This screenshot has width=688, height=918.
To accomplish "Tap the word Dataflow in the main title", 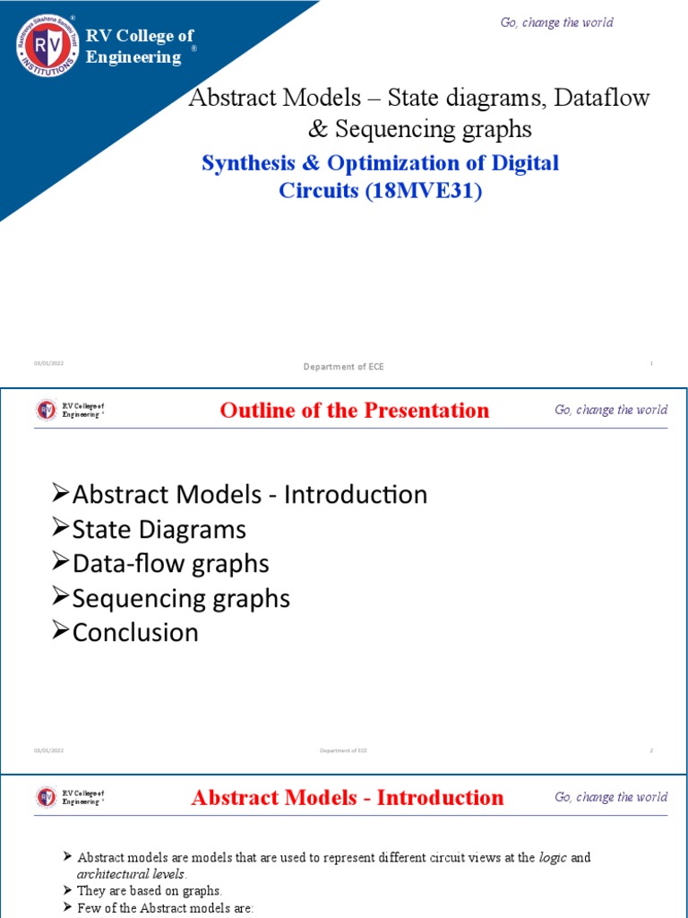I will click(602, 98).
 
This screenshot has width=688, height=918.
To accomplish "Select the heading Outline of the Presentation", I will click(355, 411).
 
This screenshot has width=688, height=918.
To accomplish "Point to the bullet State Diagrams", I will click(159, 529).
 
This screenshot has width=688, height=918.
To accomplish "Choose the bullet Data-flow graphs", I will click(170, 563).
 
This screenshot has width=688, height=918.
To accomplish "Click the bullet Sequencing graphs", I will click(180, 598).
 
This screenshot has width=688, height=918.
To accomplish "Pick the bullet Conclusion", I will click(135, 632).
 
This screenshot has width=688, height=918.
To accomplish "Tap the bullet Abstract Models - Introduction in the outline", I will click(249, 494).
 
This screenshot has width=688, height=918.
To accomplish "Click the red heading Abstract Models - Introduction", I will click(348, 798).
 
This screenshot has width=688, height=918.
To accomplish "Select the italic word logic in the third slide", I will click(553, 858).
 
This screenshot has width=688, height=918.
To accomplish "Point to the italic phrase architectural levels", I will click(131, 874).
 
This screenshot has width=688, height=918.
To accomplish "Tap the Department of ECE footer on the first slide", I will click(343, 367).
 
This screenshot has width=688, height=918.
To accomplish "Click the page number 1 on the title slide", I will click(651, 363).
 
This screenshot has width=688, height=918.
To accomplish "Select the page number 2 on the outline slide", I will click(651, 749).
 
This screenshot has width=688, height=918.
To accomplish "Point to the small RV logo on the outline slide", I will click(46, 411).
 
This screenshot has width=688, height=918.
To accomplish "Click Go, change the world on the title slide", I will click(556, 22).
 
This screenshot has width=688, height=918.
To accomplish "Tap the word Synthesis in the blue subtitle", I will click(250, 164).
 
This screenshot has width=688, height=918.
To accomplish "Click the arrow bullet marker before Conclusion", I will click(61, 631).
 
